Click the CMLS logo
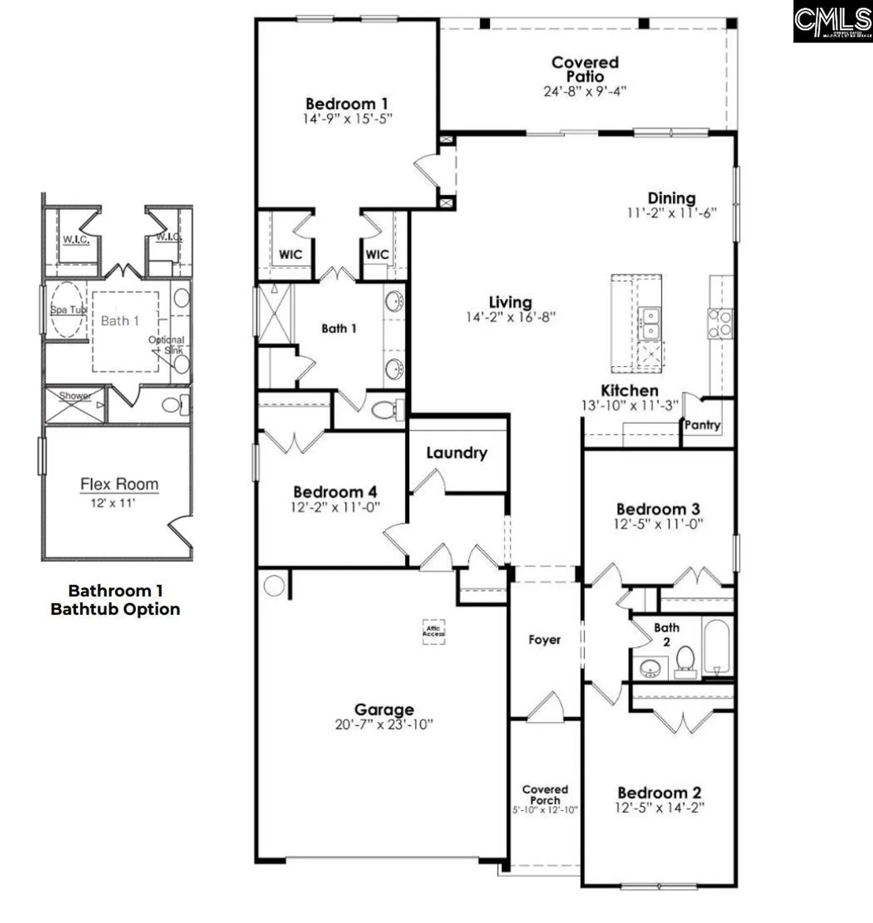tap(832, 22)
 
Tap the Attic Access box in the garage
tap(433, 631)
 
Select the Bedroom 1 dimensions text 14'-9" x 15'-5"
tap(347, 119)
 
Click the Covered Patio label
tap(584, 69)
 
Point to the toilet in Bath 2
tap(685, 660)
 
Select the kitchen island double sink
tap(649, 324)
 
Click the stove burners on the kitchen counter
tap(720, 324)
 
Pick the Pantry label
tap(702, 425)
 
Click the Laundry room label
tap(456, 453)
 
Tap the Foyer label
tap(544, 640)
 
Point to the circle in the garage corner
tap(274, 585)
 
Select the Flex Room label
tap(119, 484)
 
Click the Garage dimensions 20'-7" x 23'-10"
tap(384, 724)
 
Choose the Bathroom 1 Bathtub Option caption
tap(116, 600)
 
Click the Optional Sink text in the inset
tap(166, 345)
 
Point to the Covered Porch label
tap(545, 794)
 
